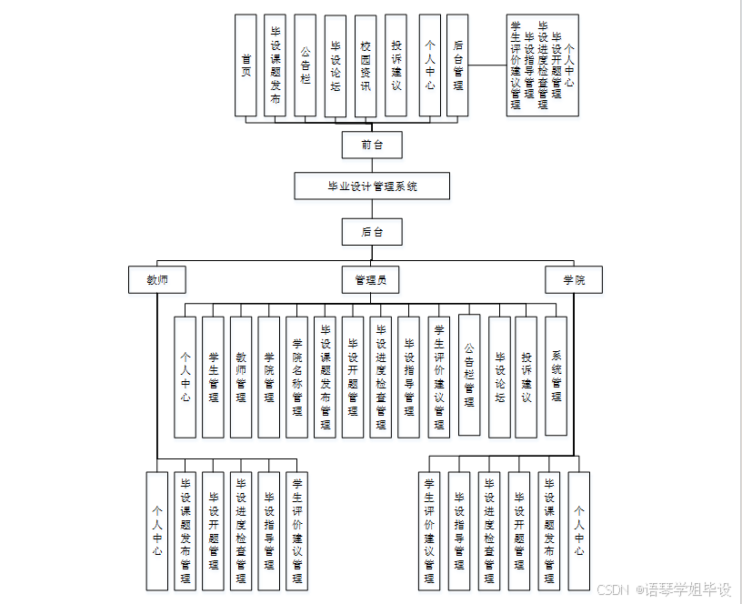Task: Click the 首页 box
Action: point(246,65)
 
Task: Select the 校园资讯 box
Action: point(366,65)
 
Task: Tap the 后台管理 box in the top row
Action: point(458,65)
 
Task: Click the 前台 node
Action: point(371,145)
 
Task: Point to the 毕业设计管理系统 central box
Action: point(372,186)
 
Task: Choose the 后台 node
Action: point(371,232)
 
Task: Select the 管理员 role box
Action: point(370,279)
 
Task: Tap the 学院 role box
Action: point(574,279)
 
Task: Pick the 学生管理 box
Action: point(213,377)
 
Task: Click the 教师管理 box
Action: point(241,377)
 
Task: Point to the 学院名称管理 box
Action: point(296,377)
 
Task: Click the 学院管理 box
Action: point(268,377)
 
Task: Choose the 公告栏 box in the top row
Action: point(306,65)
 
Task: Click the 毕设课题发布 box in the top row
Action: point(276,65)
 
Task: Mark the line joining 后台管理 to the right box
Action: point(487,65)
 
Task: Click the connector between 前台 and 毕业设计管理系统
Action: point(371,166)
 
